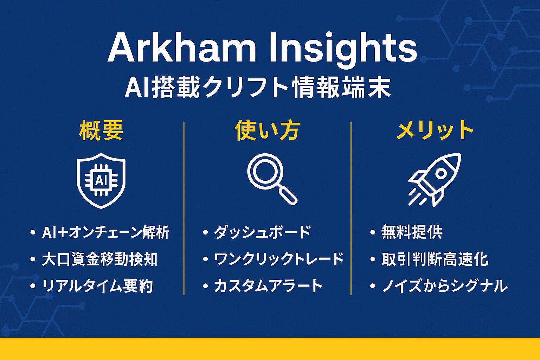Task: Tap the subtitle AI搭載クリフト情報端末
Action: coord(258,88)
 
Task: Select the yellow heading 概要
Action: coord(101,130)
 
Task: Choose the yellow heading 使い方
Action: coord(267,130)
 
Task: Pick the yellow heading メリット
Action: coord(435,130)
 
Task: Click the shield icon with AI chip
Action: coord(101,181)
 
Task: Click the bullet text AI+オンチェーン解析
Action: coord(106,232)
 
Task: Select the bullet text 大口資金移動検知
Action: coord(99,259)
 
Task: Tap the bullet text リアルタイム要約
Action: coord(98,286)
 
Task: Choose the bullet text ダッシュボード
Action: coord(262,232)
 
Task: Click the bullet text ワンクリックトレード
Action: coord(279,259)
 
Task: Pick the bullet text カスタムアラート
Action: coord(268,286)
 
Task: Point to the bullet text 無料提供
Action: coord(412,232)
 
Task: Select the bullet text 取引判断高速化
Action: coord(435,259)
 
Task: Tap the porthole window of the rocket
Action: coord(441,174)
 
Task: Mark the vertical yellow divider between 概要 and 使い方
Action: coord(184,208)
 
